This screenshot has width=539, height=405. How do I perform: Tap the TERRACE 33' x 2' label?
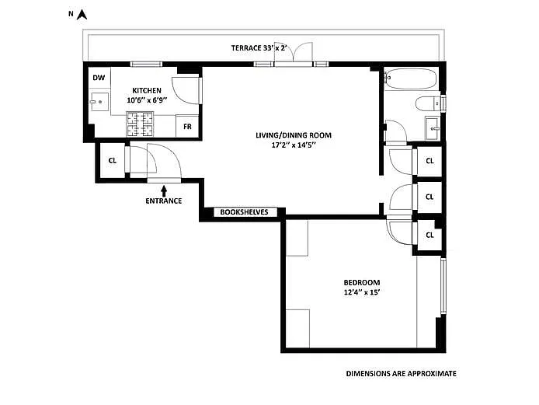tap(259, 48)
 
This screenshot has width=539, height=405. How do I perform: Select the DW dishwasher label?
tap(99, 78)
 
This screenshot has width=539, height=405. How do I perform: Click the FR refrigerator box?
tap(187, 125)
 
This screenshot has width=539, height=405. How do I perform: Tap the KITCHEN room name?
tap(147, 90)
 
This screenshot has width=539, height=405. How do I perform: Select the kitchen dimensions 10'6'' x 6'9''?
tap(147, 100)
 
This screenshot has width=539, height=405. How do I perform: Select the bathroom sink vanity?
tap(431, 127)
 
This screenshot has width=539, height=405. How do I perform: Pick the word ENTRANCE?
tap(163, 201)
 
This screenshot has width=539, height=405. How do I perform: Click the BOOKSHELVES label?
tap(244, 211)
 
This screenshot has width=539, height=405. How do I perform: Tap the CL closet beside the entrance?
tap(113, 162)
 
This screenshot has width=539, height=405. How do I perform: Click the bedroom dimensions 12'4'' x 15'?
tap(362, 292)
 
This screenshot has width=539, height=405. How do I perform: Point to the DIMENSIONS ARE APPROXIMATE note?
tap(401, 374)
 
